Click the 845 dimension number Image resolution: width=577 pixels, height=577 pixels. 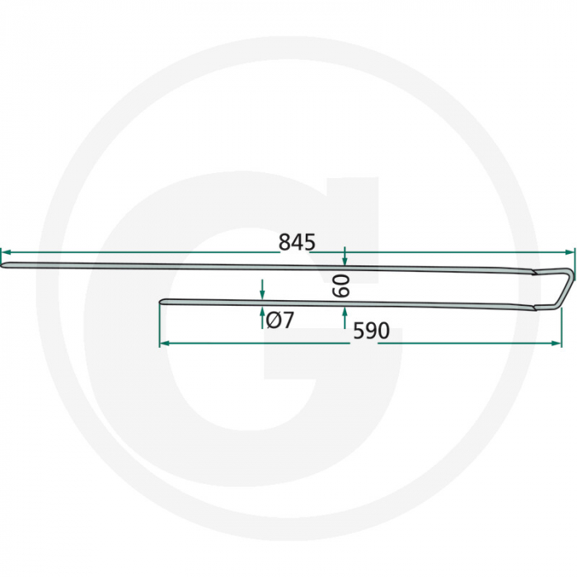coord(297,242)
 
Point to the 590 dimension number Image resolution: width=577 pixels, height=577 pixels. coord(371,331)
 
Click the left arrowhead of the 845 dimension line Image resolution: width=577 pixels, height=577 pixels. coord(4,253)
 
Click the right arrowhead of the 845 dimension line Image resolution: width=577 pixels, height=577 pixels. coord(568,253)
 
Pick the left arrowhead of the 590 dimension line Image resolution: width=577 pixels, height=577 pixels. coord(163,342)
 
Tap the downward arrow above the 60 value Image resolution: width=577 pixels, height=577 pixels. coord(345,260)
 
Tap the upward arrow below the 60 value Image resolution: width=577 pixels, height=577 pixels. coord(345,312)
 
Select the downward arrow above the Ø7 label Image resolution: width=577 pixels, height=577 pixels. coord(262,293)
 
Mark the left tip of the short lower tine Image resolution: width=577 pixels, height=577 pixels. coord(162,302)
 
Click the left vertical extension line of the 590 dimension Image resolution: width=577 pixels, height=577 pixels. coord(160,326)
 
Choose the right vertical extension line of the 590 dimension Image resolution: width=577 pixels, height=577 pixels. coord(561,326)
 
